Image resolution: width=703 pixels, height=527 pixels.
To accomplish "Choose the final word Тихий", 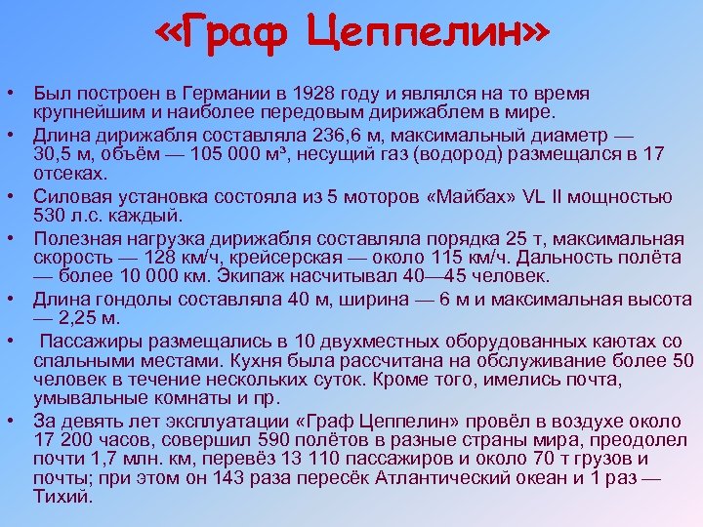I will [x=62, y=497].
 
